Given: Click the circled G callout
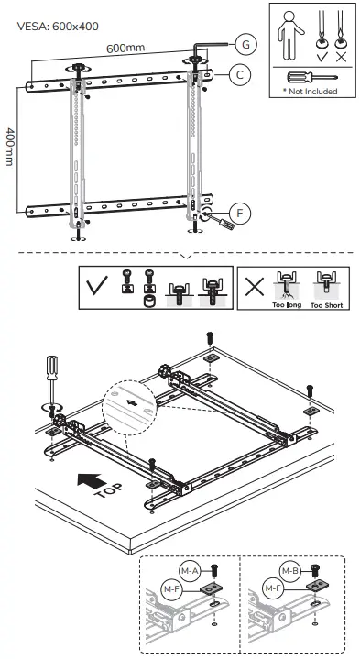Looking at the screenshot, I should click(245, 43).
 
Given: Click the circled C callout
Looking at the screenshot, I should click(236, 76).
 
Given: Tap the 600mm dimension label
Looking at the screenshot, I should click(125, 47).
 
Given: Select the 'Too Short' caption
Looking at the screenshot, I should click(326, 304).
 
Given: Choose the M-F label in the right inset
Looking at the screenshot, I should click(271, 589).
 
